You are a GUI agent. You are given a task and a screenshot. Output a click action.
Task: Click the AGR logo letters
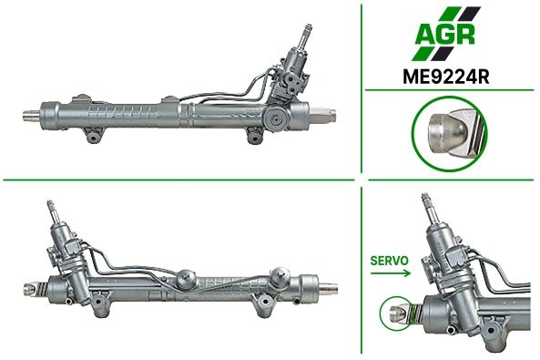(445, 35)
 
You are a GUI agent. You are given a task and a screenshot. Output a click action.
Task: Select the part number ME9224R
(446, 77)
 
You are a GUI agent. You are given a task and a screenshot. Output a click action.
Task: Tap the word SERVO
(390, 261)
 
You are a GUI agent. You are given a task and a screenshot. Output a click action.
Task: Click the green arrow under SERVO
(391, 273)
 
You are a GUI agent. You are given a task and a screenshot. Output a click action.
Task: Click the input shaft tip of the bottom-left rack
(50, 203)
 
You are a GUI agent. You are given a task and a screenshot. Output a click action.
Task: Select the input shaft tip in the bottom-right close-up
(425, 197)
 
